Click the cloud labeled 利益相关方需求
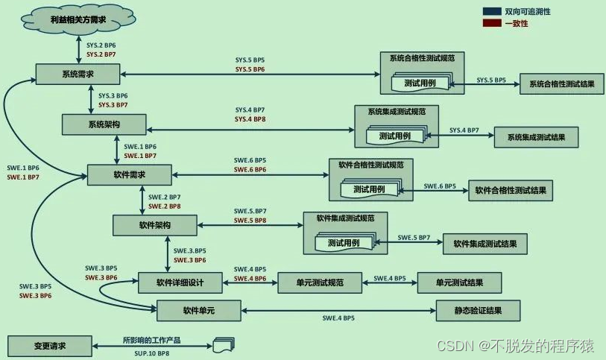tap(78, 19)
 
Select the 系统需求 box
tap(78, 75)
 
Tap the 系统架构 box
tap(104, 124)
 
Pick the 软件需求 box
tap(130, 175)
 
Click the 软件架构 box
tap(154, 225)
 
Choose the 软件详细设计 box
tap(180, 282)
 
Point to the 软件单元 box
tap(199, 311)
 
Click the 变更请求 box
tap(50, 346)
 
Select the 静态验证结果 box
tap(478, 311)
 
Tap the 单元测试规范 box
tap(320, 282)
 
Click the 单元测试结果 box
tap(459, 282)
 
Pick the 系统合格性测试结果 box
tap(561, 83)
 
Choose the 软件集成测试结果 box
tap(485, 244)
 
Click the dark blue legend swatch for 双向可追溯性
tap(492, 11)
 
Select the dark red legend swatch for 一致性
tap(492, 23)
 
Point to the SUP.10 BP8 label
tap(152, 353)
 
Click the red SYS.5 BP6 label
tap(250, 69)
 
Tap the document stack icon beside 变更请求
tap(224, 345)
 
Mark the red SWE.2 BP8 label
tap(164, 206)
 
